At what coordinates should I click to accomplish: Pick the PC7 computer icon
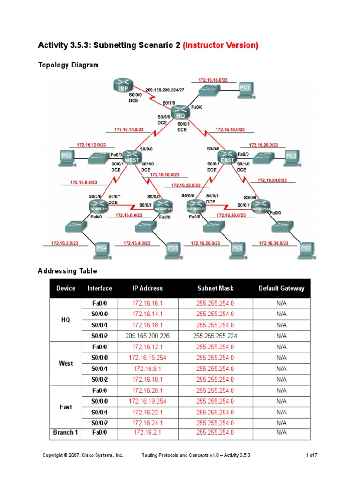point(306,249)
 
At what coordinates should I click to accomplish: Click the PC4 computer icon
point(101,249)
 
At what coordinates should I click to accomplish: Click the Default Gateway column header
point(281,288)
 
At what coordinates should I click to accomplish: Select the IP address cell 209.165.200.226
point(149,336)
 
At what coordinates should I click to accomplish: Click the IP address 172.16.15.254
point(149,358)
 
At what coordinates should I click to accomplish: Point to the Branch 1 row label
point(66,432)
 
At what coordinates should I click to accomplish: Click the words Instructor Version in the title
point(220,45)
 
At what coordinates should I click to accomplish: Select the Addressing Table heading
point(67,271)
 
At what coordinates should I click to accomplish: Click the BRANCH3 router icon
point(196,206)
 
